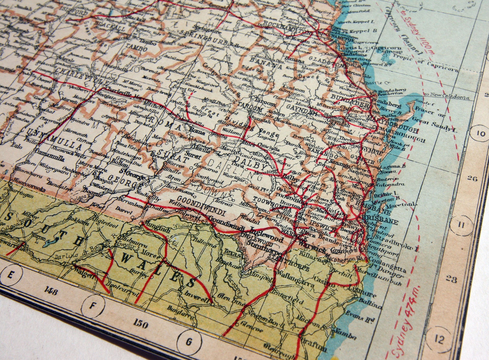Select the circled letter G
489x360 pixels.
tap(189, 341)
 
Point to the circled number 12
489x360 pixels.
tap(439, 340)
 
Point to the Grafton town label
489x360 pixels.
tap(315, 346)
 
